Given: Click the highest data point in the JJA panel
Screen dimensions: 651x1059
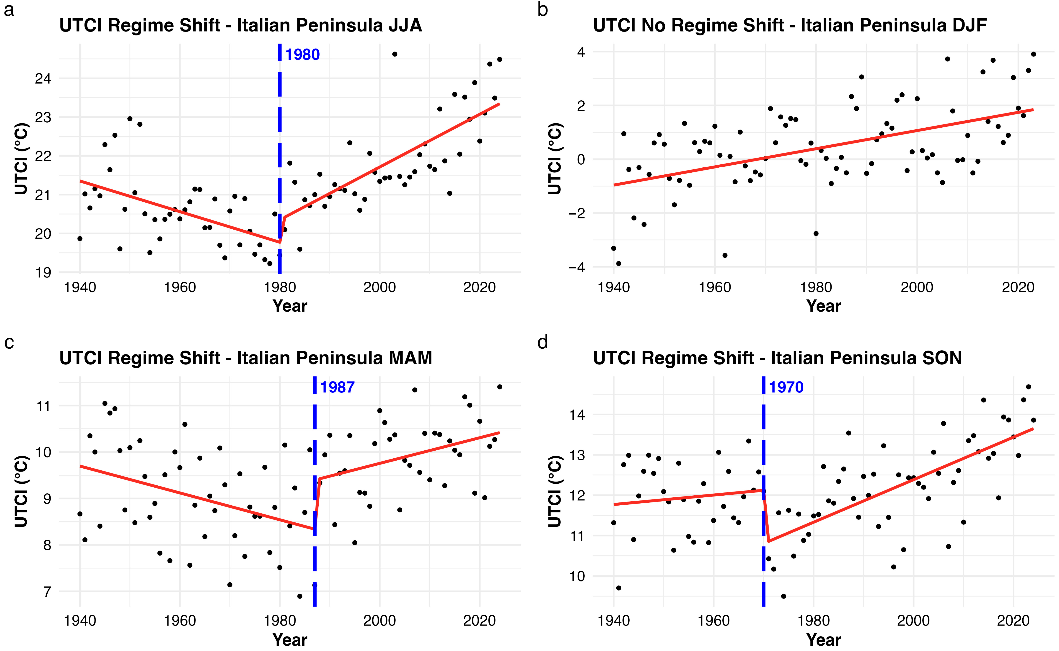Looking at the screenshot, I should [394, 54].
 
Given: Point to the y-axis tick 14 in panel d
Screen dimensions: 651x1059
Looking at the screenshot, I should [577, 415].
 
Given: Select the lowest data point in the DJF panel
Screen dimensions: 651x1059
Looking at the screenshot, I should [619, 263].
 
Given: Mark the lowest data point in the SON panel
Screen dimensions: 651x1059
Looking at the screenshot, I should [783, 596].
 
